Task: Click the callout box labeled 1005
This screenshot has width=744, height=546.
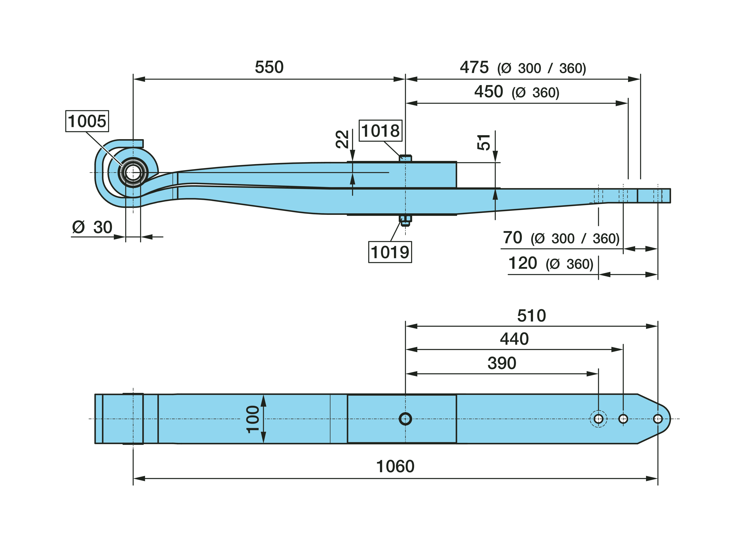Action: tap(87, 121)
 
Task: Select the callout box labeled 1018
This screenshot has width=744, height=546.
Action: tap(380, 131)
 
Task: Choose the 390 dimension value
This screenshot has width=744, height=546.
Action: tap(501, 363)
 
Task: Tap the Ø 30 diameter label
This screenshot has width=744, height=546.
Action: tap(92, 227)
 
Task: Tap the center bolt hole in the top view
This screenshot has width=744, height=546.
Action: tap(405, 419)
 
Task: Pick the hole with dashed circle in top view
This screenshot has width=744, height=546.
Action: tap(598, 419)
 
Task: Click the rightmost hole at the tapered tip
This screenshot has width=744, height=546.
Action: tap(658, 419)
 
